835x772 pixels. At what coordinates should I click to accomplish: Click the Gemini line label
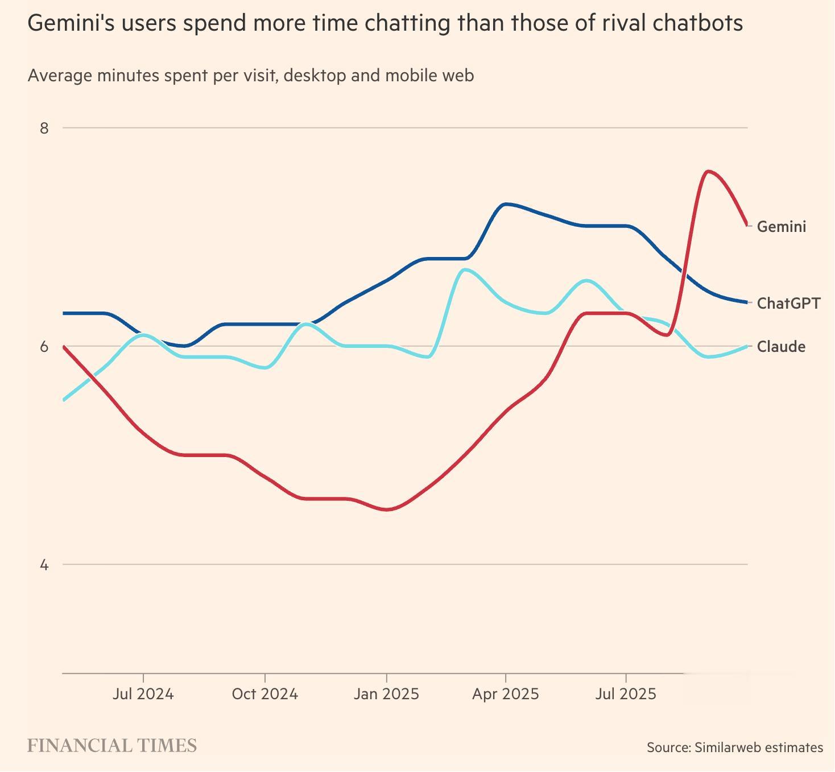tap(781, 227)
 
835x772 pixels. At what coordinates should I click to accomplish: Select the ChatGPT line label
tap(788, 303)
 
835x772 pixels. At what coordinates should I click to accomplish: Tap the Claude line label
tap(781, 347)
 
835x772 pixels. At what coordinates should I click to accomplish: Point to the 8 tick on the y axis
tap(44, 128)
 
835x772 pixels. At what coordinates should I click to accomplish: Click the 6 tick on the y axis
tap(44, 347)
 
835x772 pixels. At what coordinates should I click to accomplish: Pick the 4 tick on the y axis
tap(44, 565)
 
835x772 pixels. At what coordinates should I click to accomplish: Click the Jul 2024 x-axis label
tap(143, 694)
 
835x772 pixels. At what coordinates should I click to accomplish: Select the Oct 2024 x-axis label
tap(264, 694)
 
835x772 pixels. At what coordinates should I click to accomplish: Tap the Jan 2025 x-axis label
tap(386, 694)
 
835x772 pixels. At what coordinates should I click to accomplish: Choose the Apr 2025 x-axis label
tap(505, 694)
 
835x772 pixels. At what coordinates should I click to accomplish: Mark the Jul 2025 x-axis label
tap(626, 694)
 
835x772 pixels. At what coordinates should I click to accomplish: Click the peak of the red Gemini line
tap(707, 171)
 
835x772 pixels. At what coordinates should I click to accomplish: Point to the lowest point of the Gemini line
tap(387, 509)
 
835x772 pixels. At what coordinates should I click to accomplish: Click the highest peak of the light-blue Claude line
tap(465, 269)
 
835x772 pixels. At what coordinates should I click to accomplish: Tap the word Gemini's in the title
tap(67, 23)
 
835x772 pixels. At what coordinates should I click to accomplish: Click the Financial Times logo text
tap(112, 746)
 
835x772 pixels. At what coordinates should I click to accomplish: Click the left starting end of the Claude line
tap(64, 400)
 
